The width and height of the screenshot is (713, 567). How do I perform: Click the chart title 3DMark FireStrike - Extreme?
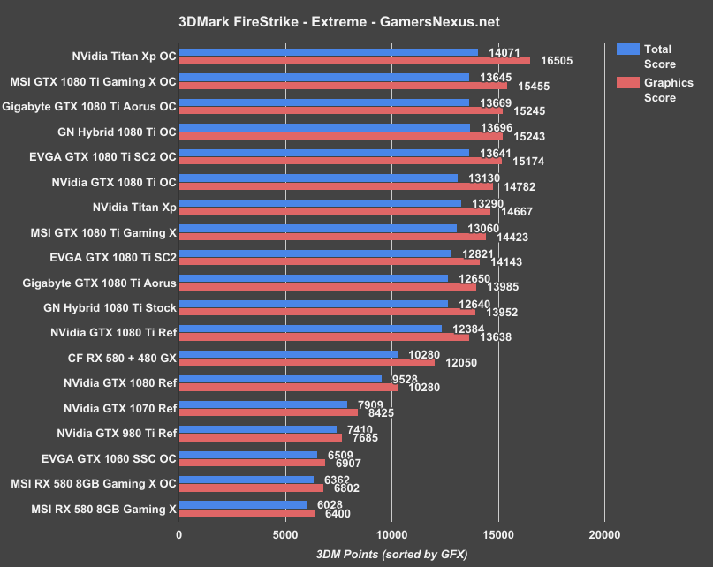pyautogui.click(x=356, y=19)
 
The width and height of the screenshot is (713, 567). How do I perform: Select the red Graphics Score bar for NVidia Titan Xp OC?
pyautogui.click(x=353, y=61)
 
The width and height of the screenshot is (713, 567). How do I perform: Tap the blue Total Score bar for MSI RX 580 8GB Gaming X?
pyautogui.click(x=243, y=504)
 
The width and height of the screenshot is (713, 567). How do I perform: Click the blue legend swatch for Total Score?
pyautogui.click(x=627, y=49)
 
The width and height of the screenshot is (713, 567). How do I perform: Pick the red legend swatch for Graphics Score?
pyautogui.click(x=627, y=83)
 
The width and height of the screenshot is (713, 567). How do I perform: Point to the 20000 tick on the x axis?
pyautogui.click(x=604, y=534)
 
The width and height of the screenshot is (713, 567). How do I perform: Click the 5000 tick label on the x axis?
pyautogui.click(x=285, y=534)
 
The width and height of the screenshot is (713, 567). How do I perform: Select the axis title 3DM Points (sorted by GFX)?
pyautogui.click(x=391, y=553)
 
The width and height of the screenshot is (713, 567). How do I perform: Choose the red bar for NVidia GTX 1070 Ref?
pyautogui.click(x=269, y=412)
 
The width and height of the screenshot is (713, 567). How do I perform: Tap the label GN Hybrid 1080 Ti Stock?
pyautogui.click(x=110, y=308)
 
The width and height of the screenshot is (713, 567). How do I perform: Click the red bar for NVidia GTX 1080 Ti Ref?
pyautogui.click(x=324, y=336)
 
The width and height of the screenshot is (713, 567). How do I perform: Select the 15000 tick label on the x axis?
pyautogui.click(x=498, y=534)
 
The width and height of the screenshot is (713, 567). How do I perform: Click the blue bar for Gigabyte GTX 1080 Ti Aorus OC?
pyautogui.click(x=324, y=102)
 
